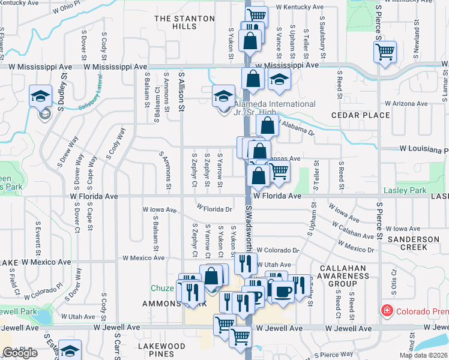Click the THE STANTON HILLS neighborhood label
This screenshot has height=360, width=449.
click(x=184, y=23)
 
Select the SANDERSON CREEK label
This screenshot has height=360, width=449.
click(x=414, y=243)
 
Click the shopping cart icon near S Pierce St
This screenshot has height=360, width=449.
click(x=384, y=52)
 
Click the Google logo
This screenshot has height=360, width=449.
click(x=20, y=353)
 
